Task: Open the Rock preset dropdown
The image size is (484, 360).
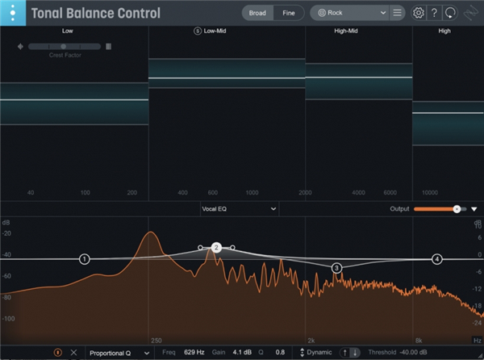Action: (x=349, y=13)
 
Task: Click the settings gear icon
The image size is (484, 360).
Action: (x=419, y=13)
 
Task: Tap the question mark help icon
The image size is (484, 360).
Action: (x=435, y=13)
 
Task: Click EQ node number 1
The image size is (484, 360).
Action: (x=85, y=259)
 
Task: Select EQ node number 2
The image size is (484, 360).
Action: (x=216, y=248)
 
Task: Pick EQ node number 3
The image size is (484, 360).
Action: (x=336, y=267)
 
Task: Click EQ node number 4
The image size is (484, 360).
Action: (x=436, y=259)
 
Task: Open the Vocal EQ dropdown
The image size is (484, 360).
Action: (x=239, y=208)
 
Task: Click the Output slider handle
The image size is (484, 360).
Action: (x=457, y=208)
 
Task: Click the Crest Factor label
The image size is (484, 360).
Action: (x=64, y=55)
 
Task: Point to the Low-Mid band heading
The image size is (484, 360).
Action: (x=215, y=31)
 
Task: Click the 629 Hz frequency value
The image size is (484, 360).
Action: (x=194, y=353)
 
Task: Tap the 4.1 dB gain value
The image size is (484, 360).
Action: (x=242, y=353)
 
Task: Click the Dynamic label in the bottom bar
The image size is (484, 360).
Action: (x=319, y=353)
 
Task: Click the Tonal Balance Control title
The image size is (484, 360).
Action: (x=95, y=14)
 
